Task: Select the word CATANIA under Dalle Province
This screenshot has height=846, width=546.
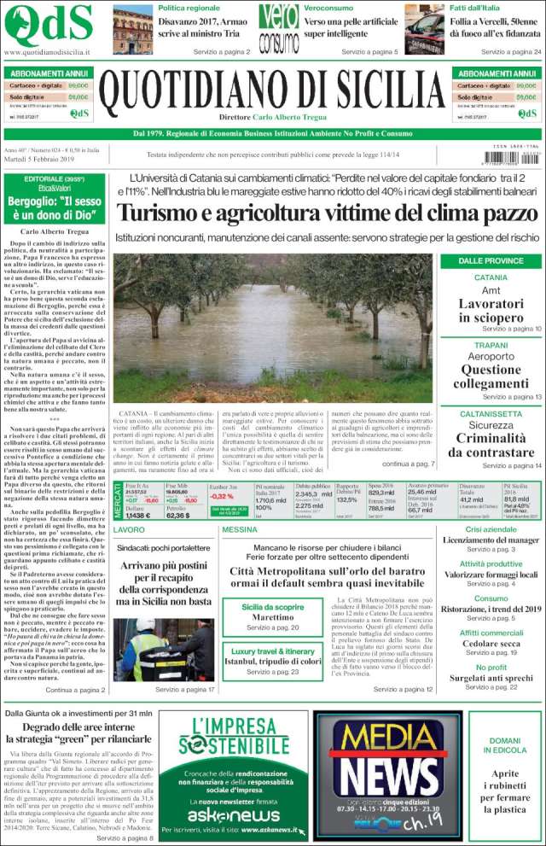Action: pos(491,277)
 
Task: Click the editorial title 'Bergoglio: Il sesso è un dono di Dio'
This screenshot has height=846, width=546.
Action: pos(55,209)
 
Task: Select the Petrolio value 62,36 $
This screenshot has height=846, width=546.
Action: pos(178,516)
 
